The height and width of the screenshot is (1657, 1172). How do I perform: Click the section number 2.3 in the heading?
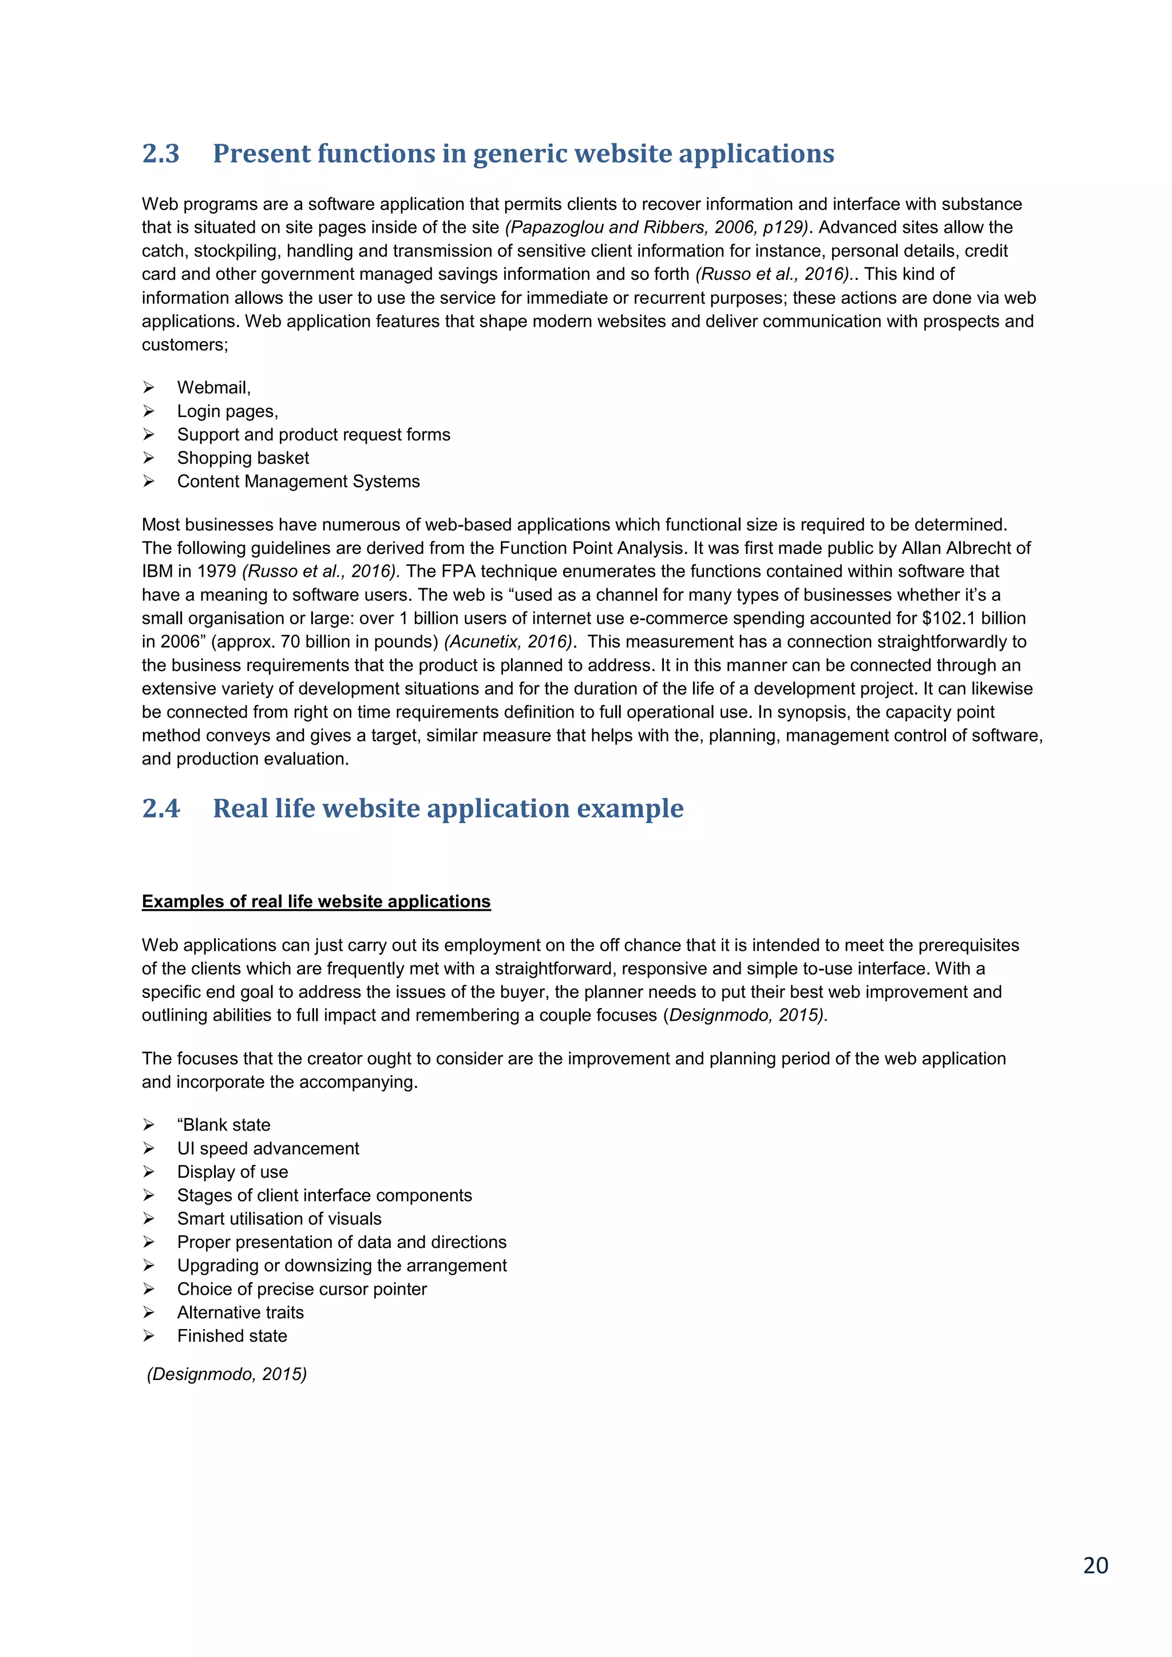click(x=160, y=154)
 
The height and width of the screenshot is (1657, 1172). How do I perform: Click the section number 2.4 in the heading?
click(x=160, y=808)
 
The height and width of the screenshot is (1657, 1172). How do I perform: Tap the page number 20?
click(x=1095, y=1565)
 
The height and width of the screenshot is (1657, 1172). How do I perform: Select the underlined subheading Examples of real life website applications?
click(x=316, y=901)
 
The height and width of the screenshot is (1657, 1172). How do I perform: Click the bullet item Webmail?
click(x=213, y=387)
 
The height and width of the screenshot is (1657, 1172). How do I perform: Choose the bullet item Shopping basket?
click(x=243, y=458)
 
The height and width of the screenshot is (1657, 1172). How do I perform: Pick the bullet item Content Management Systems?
click(x=298, y=481)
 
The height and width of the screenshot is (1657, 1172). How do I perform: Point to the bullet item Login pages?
click(x=227, y=411)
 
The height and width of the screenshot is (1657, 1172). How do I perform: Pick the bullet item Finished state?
click(x=232, y=1336)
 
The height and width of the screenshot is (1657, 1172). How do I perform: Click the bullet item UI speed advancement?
click(x=268, y=1148)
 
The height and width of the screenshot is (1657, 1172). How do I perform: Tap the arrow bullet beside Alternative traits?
click(x=149, y=1312)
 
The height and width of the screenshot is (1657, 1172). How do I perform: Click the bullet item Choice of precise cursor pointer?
click(x=302, y=1289)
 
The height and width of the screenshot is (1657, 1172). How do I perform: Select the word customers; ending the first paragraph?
click(x=185, y=345)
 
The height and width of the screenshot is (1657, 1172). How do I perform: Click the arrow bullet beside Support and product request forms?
click(x=149, y=434)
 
